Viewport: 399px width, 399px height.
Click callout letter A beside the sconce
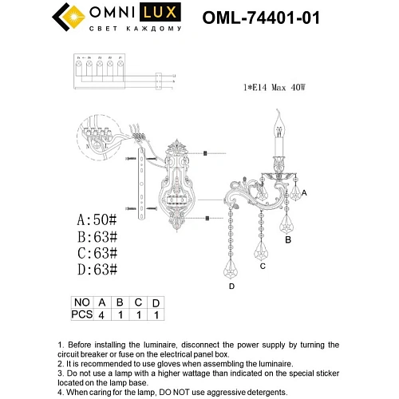coord(303,194)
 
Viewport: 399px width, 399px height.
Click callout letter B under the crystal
coord(288,239)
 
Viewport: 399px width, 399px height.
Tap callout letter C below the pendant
coord(262,267)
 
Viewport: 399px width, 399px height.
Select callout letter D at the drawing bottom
coord(231,286)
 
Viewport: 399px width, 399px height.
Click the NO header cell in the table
coord(81,303)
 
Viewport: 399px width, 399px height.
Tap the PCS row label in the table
coord(81,315)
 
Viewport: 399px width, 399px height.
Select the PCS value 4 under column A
coord(101,315)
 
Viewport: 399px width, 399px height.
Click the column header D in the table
coord(156,303)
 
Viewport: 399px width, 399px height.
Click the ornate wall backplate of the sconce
coord(176,184)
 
